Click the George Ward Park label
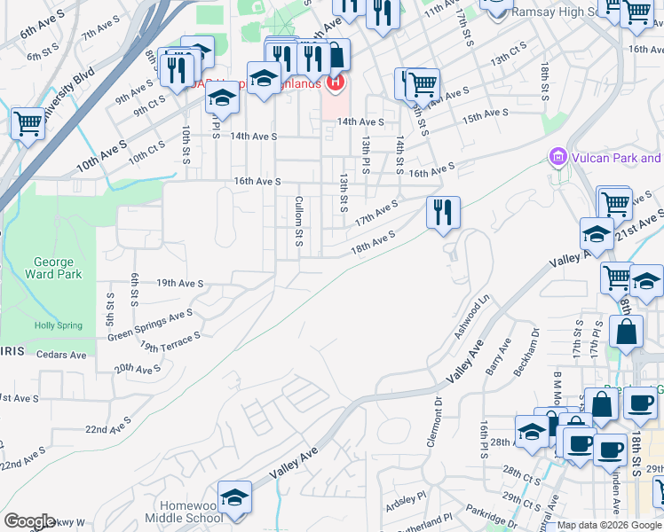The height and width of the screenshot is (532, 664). tap(58, 268)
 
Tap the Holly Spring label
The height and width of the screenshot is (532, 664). tap(58, 325)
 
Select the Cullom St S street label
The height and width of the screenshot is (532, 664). tap(300, 222)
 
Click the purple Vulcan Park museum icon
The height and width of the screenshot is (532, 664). tap(558, 158)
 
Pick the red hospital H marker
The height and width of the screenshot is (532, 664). tap(336, 84)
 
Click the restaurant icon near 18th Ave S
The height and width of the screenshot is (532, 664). tap(442, 213)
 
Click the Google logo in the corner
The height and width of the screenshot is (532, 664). tap(30, 521)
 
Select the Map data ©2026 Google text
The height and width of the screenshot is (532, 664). tap(610, 525)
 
